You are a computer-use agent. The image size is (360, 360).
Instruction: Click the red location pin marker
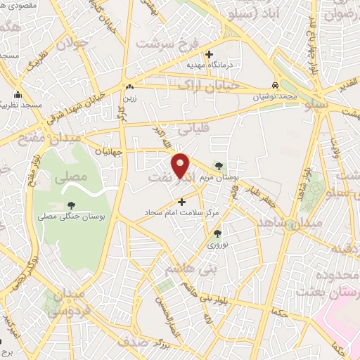(181, 165)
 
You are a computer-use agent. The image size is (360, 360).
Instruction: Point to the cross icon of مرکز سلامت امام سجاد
(182, 202)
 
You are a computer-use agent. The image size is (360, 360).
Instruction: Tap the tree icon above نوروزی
(217, 233)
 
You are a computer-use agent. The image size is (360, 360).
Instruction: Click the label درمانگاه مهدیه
(209, 64)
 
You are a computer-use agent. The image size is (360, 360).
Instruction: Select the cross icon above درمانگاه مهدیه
(209, 53)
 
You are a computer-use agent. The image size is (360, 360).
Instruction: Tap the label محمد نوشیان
(292, 93)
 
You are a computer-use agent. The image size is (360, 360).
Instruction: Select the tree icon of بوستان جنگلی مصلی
(71, 205)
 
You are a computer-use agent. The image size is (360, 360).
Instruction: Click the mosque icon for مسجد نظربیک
(18, 95)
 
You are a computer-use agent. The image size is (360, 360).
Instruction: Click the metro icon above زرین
(129, 87)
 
